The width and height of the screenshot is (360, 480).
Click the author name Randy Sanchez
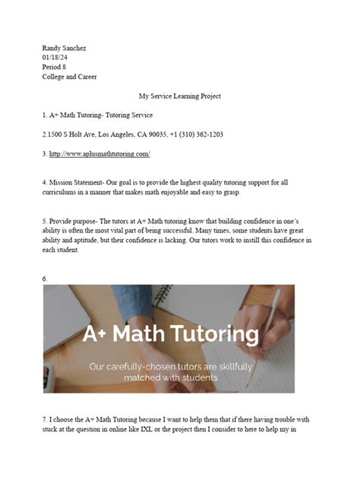pos(65,48)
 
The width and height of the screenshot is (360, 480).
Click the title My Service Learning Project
pos(180,96)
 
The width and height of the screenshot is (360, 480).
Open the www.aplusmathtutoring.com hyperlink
pos(99,154)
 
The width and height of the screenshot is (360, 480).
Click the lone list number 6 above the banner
pos(45,279)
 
